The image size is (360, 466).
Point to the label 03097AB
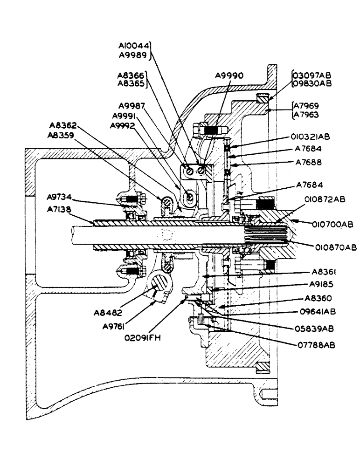pyautogui.click(x=312, y=75)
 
